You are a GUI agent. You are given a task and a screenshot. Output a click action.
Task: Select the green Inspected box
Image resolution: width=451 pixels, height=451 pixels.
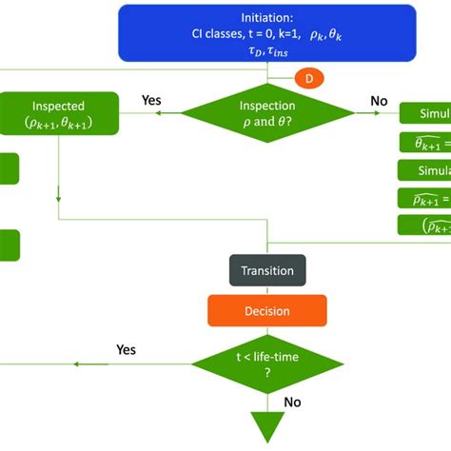point(59,114)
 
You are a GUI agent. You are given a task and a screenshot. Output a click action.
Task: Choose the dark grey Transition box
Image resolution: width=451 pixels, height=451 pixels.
point(267,270)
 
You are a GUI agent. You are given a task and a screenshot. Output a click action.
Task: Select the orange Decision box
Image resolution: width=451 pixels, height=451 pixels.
point(267,310)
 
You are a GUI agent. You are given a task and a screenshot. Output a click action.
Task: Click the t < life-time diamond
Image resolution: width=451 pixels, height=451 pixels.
point(267,363)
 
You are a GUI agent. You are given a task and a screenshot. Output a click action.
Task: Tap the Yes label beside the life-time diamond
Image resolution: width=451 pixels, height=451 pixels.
point(127,349)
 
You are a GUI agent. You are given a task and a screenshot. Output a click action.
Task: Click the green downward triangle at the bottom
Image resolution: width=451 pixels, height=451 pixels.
point(267,427)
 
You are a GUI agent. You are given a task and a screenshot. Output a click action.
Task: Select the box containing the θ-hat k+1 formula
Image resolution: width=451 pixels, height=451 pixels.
point(423,144)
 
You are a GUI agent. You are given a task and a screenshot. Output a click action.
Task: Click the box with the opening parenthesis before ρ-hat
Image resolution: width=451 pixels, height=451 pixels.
point(423,225)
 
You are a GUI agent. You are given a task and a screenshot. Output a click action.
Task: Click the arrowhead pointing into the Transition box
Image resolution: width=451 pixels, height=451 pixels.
point(267,250)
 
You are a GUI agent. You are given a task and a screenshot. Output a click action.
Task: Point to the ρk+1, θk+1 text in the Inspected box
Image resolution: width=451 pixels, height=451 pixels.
point(59,124)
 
